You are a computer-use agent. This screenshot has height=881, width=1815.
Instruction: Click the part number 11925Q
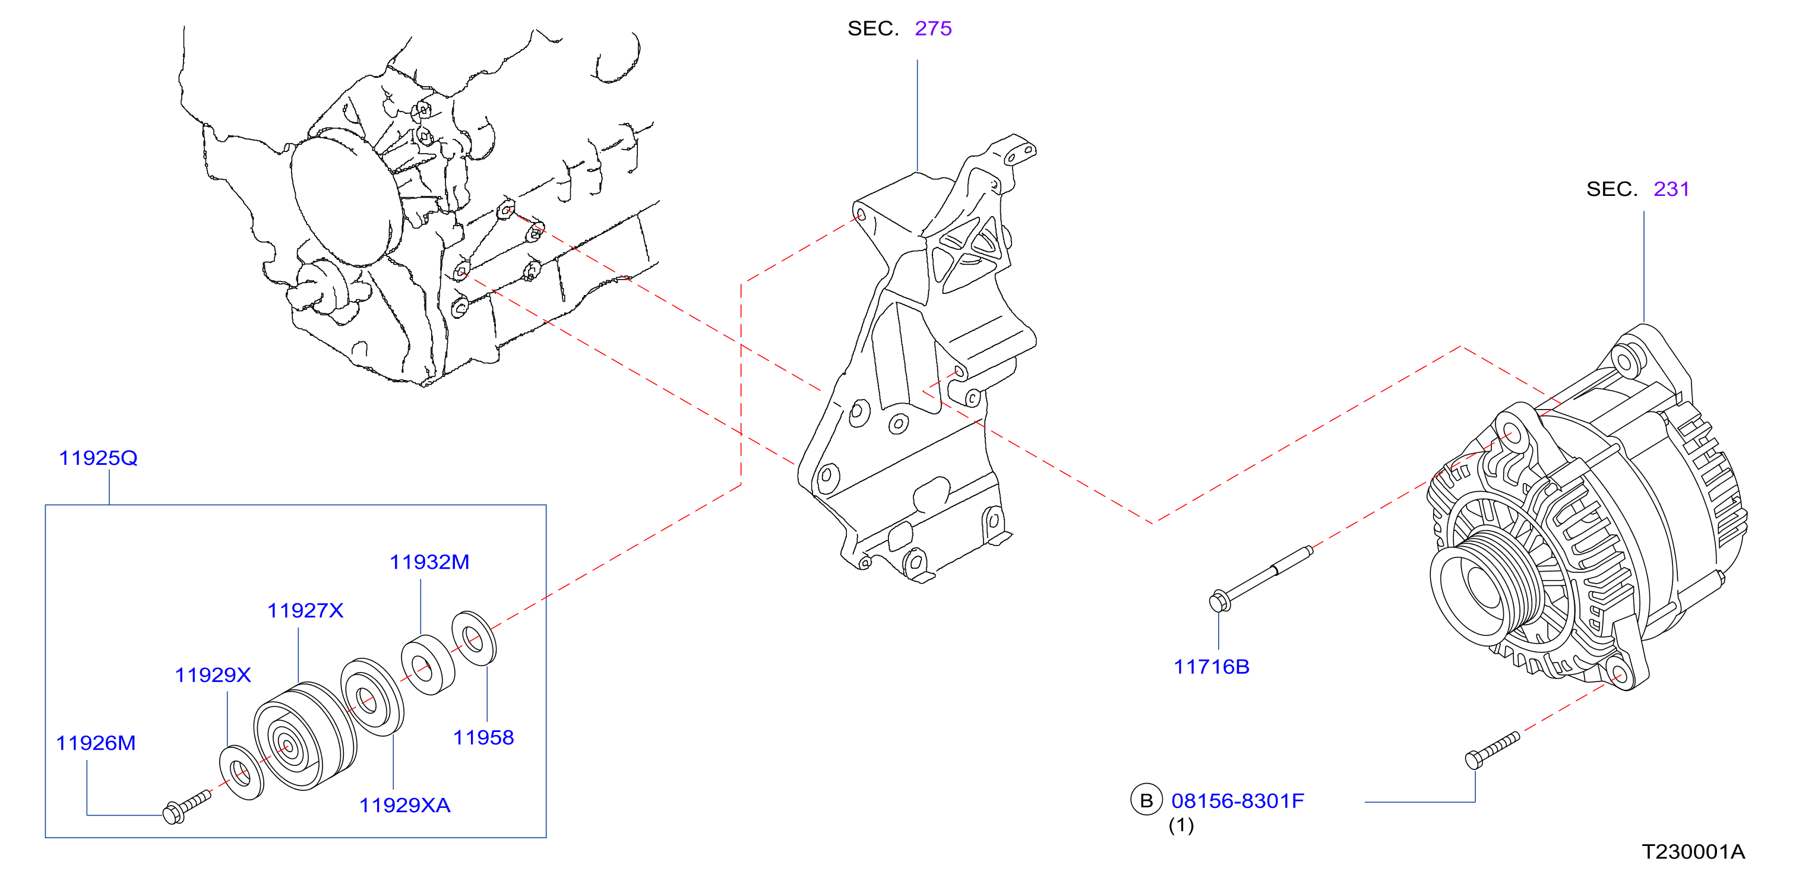(98, 458)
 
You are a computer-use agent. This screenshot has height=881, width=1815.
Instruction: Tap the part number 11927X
(305, 610)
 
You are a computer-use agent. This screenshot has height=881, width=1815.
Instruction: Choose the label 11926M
(96, 743)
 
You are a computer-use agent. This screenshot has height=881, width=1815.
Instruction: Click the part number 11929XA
(404, 805)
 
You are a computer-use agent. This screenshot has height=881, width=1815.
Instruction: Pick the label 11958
(483, 737)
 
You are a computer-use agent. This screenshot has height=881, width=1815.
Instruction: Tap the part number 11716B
(1211, 667)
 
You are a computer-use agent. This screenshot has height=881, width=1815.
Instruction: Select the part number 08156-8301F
(1237, 801)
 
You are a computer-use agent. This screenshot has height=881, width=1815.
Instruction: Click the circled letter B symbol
(1146, 800)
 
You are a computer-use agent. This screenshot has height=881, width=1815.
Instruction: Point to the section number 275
(933, 29)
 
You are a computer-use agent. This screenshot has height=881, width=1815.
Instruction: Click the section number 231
(1671, 189)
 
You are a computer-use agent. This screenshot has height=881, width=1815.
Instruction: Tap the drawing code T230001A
(1693, 852)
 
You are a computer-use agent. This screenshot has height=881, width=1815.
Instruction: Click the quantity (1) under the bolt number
(1181, 825)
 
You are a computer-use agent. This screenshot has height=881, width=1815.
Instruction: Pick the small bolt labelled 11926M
(186, 806)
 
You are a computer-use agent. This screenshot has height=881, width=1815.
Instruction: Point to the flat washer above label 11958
(473, 639)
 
